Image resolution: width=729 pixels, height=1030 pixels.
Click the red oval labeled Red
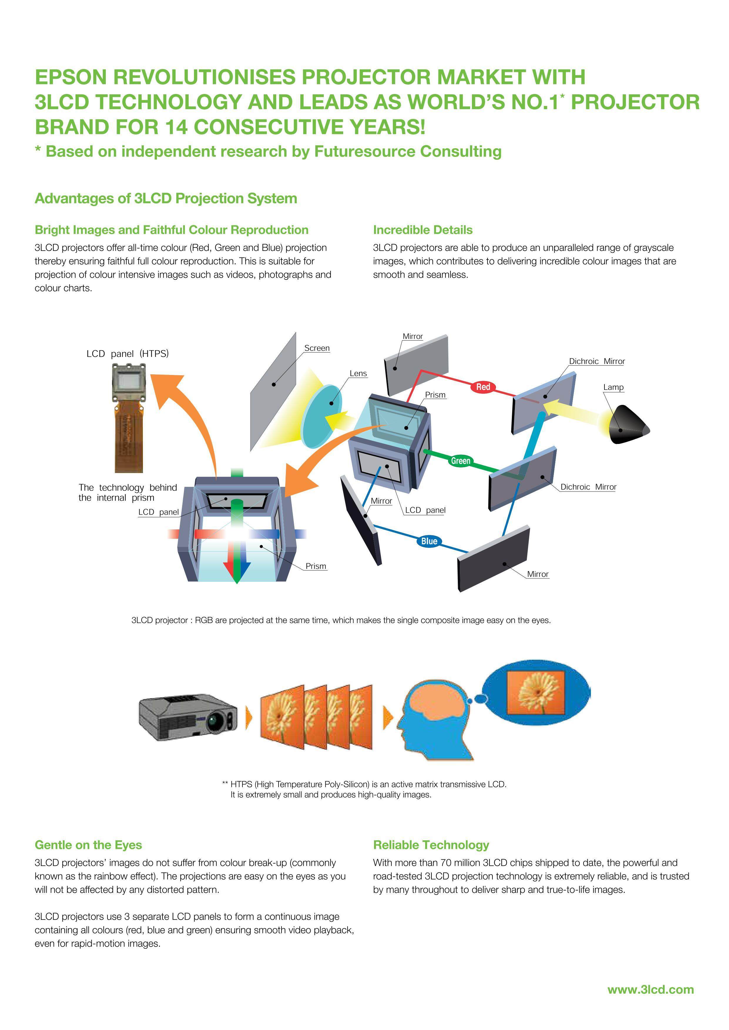click(483, 387)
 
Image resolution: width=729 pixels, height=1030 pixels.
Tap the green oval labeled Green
click(460, 461)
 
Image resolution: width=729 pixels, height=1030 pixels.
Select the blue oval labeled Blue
click(429, 541)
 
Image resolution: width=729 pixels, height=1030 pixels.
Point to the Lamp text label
click(613, 387)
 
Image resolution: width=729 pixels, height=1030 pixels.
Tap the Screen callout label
click(317, 348)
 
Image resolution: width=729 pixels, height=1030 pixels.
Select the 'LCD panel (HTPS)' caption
click(128, 354)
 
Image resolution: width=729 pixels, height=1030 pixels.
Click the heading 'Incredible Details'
click(423, 230)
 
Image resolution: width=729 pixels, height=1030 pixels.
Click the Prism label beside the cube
click(435, 395)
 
